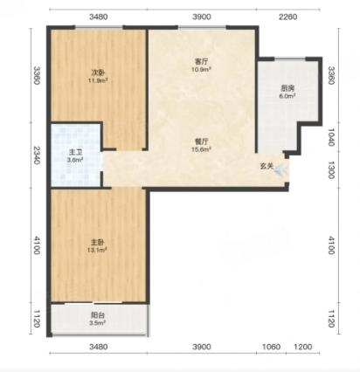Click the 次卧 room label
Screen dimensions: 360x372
tap(98, 72)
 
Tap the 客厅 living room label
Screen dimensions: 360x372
tap(201, 62)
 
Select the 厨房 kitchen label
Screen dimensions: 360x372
tap(287, 88)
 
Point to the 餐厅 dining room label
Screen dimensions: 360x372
tap(201, 141)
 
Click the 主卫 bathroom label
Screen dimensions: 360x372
tap(75, 152)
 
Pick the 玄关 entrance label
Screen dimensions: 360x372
tap(267, 166)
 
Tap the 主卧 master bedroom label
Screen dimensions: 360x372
tap(98, 242)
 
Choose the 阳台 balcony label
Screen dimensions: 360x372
tap(98, 315)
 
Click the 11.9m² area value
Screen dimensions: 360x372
tap(98, 80)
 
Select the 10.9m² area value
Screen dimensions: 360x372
tap(201, 69)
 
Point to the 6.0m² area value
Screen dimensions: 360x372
tap(287, 96)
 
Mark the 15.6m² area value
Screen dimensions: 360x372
tap(201, 149)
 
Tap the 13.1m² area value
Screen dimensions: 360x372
tap(98, 250)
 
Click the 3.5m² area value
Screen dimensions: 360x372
tap(98, 323)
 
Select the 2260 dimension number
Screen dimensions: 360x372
tap(288, 17)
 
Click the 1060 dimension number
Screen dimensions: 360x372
tap(272, 347)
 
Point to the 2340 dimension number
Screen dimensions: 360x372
tap(36, 155)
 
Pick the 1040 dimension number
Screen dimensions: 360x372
tap(331, 137)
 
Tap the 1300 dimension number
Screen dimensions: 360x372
tap(331, 170)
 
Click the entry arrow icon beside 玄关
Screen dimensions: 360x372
tap(281, 170)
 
